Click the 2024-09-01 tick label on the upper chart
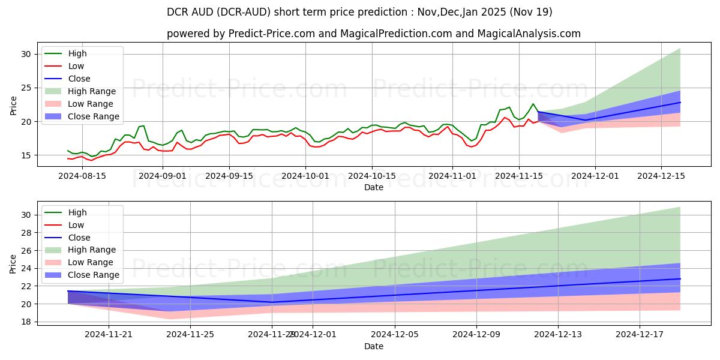click(163, 176)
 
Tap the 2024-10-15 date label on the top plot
click(371, 176)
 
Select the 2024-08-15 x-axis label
click(82, 176)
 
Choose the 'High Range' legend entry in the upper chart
click(92, 91)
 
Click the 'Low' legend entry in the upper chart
click(76, 66)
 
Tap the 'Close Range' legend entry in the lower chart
click(94, 275)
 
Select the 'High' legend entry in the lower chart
click(77, 212)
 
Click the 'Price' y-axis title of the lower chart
click(13, 263)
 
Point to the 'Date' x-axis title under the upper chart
click(373, 187)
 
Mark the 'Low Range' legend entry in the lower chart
click(91, 262)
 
